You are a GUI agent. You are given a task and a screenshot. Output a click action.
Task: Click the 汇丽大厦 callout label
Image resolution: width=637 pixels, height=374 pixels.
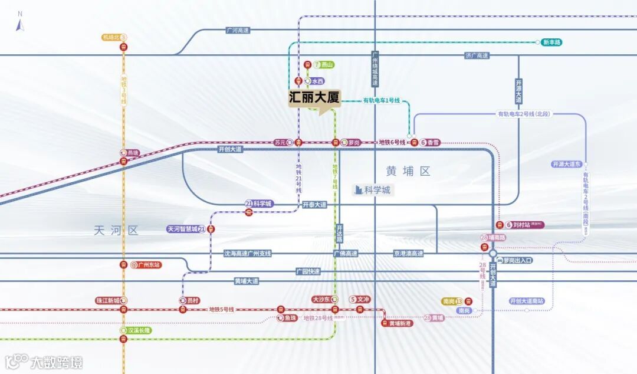(314, 98)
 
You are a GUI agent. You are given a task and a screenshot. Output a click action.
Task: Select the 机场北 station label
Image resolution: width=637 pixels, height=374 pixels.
(111, 37)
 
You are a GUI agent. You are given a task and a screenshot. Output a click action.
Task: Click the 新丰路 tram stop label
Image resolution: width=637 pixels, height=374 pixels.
(552, 42)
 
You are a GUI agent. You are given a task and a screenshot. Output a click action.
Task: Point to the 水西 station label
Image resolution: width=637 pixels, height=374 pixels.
(317, 81)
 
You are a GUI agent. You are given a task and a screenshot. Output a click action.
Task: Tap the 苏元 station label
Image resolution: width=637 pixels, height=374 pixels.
(280, 142)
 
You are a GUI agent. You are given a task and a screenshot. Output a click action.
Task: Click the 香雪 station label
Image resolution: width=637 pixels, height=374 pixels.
(434, 142)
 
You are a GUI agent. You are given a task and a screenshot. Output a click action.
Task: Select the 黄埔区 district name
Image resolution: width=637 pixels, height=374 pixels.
(408, 171)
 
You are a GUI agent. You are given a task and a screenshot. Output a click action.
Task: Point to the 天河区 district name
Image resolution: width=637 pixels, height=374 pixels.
(116, 231)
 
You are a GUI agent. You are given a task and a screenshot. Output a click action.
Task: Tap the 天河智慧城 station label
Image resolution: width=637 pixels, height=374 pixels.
(185, 229)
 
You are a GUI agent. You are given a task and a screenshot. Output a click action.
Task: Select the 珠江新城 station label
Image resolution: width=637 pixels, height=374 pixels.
(108, 300)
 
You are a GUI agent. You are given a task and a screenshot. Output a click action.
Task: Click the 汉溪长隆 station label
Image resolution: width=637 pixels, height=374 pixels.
(140, 330)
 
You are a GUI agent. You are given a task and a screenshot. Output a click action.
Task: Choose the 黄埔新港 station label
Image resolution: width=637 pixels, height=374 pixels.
(400, 323)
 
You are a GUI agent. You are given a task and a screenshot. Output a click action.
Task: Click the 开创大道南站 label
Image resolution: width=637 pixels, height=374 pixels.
(527, 301)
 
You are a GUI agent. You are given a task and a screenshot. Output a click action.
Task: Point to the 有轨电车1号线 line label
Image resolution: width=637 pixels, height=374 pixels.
(381, 101)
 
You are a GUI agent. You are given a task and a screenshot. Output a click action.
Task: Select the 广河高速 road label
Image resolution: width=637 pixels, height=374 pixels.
(238, 30)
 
